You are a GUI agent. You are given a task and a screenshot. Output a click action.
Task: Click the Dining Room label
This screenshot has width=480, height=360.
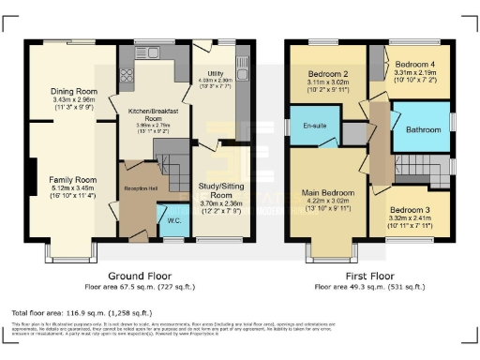click(x=74, y=91)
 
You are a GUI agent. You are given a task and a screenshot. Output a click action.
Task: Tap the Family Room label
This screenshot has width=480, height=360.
click(x=73, y=178)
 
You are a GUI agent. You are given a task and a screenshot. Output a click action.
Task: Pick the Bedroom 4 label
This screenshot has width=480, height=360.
click(x=414, y=57)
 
